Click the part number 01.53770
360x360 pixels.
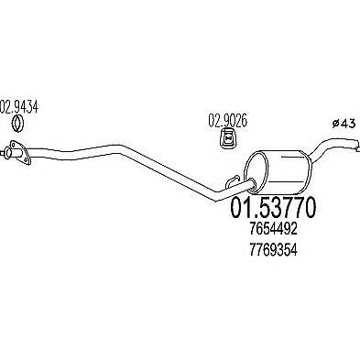point(273,208)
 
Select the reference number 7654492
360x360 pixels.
point(273,228)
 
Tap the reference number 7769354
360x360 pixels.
point(273,250)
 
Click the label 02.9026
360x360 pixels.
point(227,121)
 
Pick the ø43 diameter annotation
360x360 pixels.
point(344,124)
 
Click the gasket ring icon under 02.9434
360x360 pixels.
point(18,124)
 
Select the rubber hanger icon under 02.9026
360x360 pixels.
point(228,138)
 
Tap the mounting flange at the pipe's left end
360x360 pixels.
point(21,152)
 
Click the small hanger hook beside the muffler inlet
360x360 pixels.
point(232,181)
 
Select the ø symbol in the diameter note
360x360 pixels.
point(335,124)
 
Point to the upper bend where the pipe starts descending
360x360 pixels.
point(121,148)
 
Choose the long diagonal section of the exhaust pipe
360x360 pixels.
point(168,172)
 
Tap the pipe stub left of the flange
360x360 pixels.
point(6,152)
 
